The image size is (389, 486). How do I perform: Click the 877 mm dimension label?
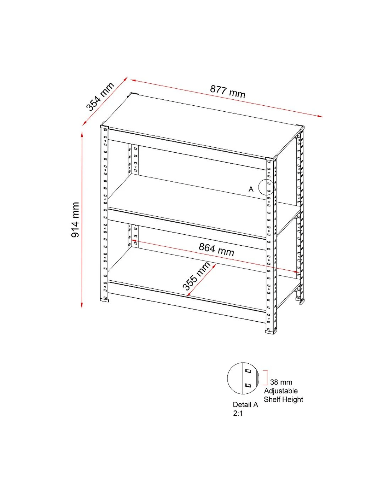227,92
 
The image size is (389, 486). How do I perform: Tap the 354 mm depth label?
100,96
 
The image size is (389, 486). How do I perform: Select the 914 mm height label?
75,220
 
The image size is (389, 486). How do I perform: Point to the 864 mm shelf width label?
216,250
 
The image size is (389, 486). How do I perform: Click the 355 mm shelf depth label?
196,276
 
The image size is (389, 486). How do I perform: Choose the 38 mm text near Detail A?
281,382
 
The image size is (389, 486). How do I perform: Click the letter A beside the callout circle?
251,189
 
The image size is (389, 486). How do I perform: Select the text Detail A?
245,404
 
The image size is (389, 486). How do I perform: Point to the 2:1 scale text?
238,413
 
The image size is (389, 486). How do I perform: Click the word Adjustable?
281,391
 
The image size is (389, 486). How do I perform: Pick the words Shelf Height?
283,399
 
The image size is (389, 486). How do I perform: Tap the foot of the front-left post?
104,300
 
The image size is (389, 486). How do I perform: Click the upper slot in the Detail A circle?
248,371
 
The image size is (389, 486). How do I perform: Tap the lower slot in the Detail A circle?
248,385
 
